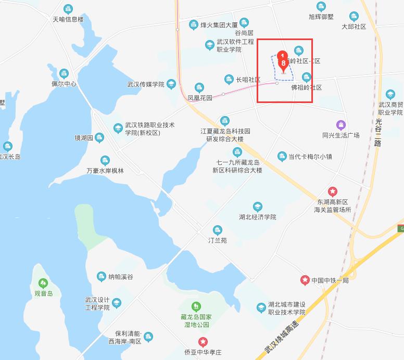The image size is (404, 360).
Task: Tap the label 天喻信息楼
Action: [x=68, y=19]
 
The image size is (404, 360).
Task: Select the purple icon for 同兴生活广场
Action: [x=340, y=125]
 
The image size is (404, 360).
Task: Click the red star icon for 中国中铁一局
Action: [x=305, y=280]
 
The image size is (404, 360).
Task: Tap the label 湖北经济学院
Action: [x=257, y=217]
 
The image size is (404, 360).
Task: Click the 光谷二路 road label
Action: [x=378, y=132]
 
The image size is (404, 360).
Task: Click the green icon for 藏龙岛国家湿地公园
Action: [x=196, y=306]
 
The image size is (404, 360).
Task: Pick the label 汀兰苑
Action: [x=217, y=241]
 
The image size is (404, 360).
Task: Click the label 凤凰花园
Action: [x=200, y=98]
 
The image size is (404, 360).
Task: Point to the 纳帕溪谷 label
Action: [x=120, y=277]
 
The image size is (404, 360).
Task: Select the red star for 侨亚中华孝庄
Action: [x=203, y=342]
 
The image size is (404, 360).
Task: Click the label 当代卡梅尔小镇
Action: [x=310, y=157]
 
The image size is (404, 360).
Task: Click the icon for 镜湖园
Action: [x=99, y=138]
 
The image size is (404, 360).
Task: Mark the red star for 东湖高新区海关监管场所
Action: [x=332, y=191]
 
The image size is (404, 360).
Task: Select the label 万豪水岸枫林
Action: [x=105, y=170]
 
